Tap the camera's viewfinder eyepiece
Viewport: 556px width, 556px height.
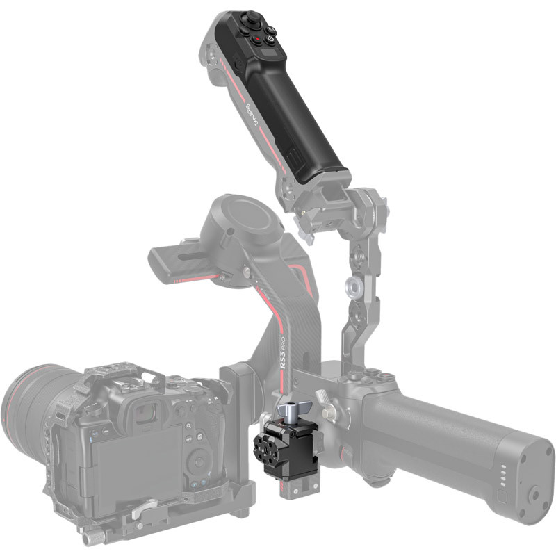pos(145,414)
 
